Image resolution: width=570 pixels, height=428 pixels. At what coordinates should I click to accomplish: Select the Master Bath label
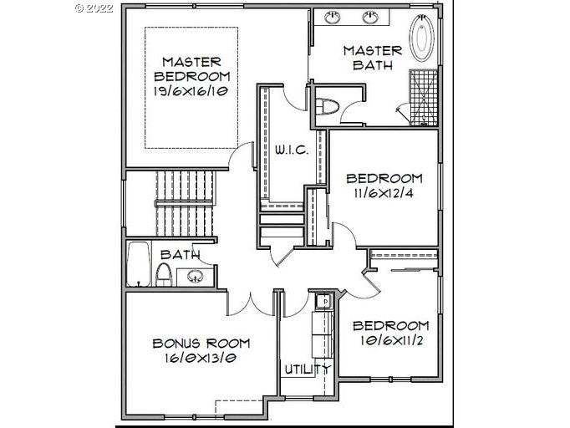[x=373, y=58]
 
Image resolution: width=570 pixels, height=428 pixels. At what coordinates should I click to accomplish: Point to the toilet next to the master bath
[x=328, y=107]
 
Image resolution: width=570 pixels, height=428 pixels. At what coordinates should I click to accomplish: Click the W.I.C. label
[x=292, y=150]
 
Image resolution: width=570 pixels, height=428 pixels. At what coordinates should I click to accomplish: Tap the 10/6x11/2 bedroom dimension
[x=390, y=340]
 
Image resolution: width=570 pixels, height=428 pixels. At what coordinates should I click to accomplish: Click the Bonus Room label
[x=201, y=344]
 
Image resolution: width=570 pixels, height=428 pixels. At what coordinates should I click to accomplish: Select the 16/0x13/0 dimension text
[x=201, y=358]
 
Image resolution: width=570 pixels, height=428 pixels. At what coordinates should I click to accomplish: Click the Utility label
[x=308, y=369]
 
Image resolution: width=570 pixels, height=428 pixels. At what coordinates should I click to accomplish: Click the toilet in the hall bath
[x=164, y=274]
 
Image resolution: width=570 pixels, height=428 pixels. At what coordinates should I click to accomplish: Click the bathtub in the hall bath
[x=140, y=264]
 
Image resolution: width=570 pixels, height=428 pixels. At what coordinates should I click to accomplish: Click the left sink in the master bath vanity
[x=332, y=17]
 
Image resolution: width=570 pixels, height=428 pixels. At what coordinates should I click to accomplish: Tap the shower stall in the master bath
[x=423, y=97]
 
